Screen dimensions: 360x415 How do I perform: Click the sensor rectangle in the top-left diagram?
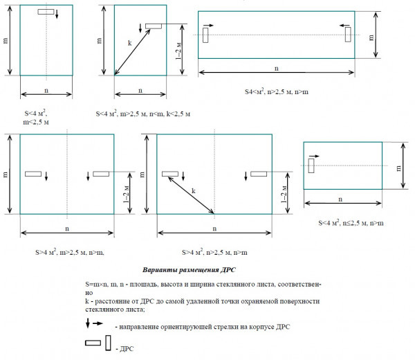click(47, 12)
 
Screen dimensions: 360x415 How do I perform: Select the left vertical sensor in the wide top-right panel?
click(206, 34)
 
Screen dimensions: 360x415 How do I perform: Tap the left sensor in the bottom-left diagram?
click(33, 173)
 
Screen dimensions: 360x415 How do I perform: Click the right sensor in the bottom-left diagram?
click(101, 173)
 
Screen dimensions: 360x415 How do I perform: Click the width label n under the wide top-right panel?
click(277, 69)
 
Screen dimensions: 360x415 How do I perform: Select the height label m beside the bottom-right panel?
click(400, 165)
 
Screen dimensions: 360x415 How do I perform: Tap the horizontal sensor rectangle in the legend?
click(93, 343)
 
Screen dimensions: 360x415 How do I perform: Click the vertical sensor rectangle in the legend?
click(109, 343)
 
